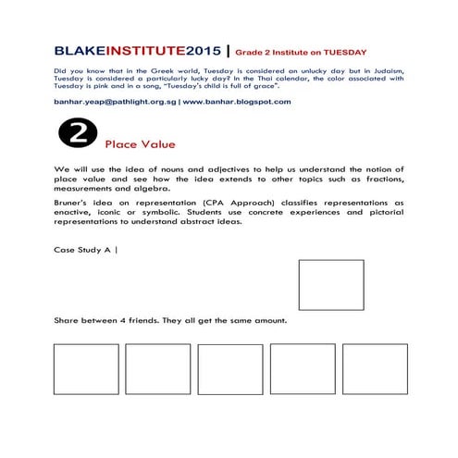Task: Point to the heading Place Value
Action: pyautogui.click(x=140, y=144)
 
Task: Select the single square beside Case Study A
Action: pyautogui.click(x=331, y=285)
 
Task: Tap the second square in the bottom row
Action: pyautogui.click(x=157, y=369)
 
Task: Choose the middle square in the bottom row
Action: pyautogui.click(x=229, y=369)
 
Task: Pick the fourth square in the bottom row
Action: pyautogui.click(x=303, y=369)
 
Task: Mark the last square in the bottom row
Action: pyautogui.click(x=375, y=369)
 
